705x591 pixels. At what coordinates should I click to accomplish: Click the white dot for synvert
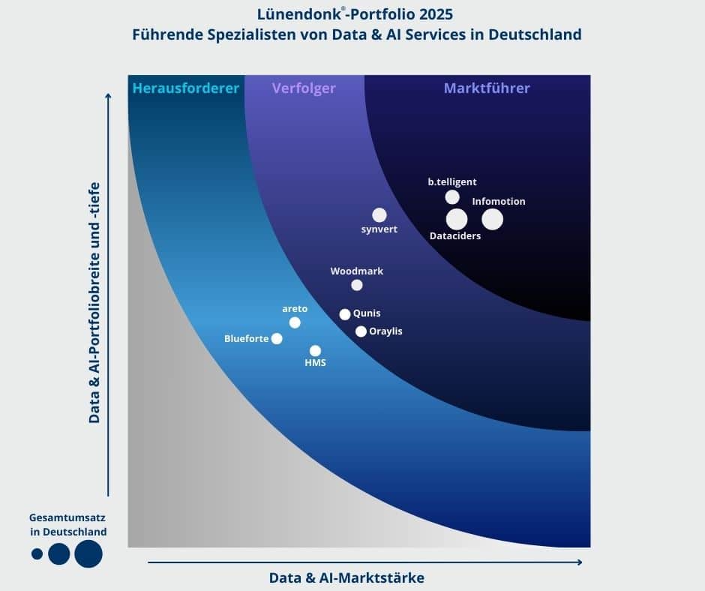tap(379, 215)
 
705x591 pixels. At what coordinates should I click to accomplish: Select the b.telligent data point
tap(452, 197)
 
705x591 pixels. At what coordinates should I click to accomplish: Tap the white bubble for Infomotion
tap(492, 219)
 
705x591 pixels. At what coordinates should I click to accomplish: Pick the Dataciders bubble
tap(457, 219)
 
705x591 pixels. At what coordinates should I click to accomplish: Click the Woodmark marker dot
tap(357, 285)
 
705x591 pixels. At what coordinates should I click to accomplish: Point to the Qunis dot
tap(345, 314)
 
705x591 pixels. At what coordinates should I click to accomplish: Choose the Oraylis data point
tap(361, 331)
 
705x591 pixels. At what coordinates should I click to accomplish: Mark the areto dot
tap(295, 322)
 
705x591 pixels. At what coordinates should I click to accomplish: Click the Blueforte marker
tap(277, 338)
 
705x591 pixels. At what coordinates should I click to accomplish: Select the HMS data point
tap(315, 350)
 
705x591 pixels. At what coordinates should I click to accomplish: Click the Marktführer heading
tap(487, 88)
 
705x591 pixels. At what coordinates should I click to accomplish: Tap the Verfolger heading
tap(304, 88)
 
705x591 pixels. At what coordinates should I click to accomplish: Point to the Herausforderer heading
tap(185, 88)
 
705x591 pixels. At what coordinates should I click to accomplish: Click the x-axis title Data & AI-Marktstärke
tap(346, 577)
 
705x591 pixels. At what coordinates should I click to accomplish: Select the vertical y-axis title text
tap(94, 300)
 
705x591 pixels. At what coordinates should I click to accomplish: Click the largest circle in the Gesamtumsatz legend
tap(88, 553)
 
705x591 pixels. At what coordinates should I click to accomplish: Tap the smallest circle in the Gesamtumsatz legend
tap(37, 554)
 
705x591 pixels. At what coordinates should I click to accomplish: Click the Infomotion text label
tap(499, 201)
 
